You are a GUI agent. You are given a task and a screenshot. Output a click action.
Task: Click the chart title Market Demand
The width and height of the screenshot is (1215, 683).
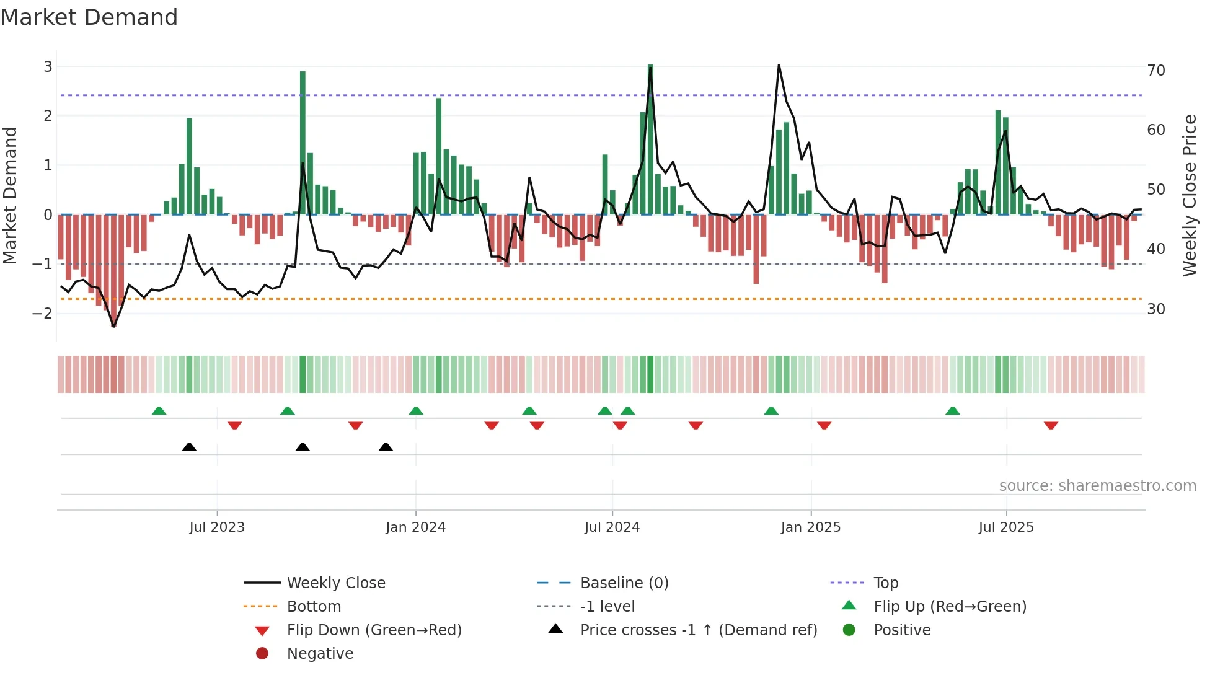coord(89,17)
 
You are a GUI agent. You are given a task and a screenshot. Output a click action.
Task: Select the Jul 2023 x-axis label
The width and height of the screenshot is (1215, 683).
coord(217,527)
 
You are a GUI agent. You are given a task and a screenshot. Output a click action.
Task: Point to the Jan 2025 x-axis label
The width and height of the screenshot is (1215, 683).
coord(810,527)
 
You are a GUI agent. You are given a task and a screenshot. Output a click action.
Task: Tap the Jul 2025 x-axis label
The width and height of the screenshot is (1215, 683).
coord(1006,527)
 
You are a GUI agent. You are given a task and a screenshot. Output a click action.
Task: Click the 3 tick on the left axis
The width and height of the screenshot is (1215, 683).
coord(48,66)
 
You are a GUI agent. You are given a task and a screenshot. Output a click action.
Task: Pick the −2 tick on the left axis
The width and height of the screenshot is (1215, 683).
coord(43,313)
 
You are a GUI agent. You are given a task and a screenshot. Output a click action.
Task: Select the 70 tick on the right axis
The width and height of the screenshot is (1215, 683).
coord(1156,71)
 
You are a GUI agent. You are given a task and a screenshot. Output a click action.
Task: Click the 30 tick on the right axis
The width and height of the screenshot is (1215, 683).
coord(1156,309)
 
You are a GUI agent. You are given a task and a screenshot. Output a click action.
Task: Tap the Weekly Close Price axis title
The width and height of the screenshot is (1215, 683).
coord(1189,195)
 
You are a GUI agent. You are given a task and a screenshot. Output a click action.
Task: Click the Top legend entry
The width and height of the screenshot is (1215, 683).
coord(886,583)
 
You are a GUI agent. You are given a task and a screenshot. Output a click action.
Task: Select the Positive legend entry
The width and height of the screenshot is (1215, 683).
coord(902,630)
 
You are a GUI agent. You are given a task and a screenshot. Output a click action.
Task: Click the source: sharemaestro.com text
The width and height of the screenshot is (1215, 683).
coord(1097,486)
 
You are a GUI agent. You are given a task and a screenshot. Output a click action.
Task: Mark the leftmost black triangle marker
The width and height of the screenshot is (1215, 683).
coord(189,447)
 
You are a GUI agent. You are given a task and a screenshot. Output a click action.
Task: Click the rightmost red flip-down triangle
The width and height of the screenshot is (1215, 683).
coord(1051,426)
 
